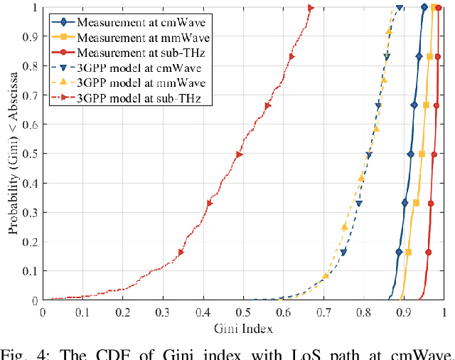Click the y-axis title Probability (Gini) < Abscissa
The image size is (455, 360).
(x=14, y=154)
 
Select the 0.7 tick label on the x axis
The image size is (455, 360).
(x=323, y=311)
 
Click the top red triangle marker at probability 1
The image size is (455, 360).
(x=311, y=8)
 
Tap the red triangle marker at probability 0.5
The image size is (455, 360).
(x=240, y=154)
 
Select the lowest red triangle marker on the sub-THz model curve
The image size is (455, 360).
(x=181, y=252)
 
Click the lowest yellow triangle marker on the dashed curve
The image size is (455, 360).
(x=326, y=275)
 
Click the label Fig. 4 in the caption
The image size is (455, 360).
(x=22, y=353)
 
